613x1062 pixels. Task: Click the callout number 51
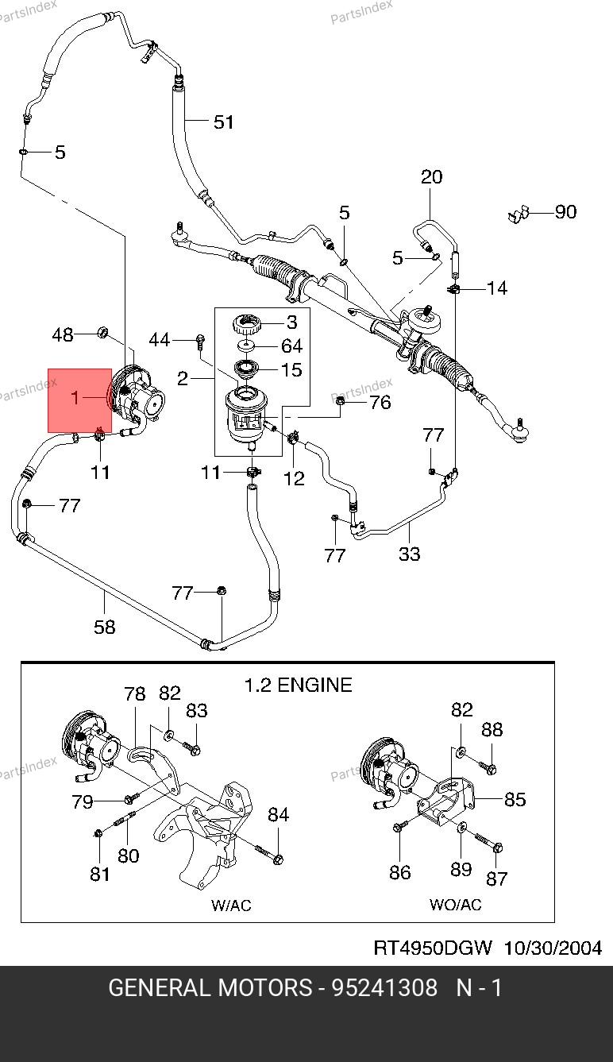tap(224, 122)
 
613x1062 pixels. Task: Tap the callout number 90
tap(565, 212)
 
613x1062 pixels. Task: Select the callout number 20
tap(431, 176)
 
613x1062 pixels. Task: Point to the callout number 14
tap(497, 288)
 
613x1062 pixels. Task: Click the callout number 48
tap(63, 334)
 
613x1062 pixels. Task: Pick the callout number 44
tap(160, 340)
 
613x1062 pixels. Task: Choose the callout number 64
tap(291, 346)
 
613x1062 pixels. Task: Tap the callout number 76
tap(380, 402)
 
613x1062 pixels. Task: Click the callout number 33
tap(409, 553)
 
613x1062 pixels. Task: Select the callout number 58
tap(104, 627)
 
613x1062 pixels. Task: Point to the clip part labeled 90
tap(519, 214)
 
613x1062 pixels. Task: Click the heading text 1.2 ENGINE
tap(297, 685)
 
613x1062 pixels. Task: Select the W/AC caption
tap(232, 905)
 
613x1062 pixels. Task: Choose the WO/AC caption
tap(455, 905)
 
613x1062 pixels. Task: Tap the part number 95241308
tap(384, 988)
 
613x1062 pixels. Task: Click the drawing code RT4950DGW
tap(433, 948)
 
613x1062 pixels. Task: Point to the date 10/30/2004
tap(553, 948)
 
